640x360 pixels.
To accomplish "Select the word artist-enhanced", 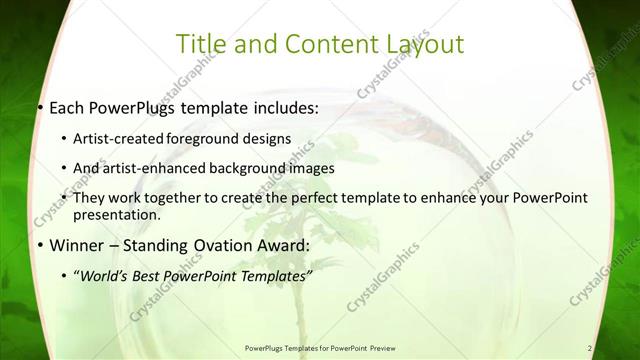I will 165,168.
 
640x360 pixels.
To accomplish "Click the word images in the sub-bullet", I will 312,168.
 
